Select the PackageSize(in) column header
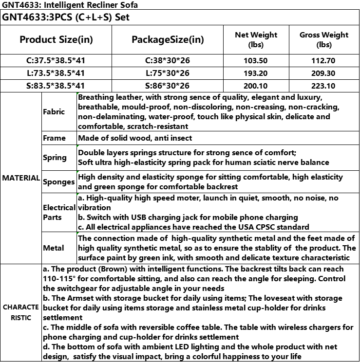pyautogui.click(x=168, y=39)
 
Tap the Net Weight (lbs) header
pyautogui.click(x=256, y=39)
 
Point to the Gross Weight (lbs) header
pyautogui.click(x=324, y=39)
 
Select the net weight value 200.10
pyautogui.click(x=256, y=86)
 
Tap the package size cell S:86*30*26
pyautogui.click(x=168, y=86)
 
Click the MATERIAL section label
pyautogui.click(x=20, y=178)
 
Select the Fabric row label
pyautogui.click(x=54, y=111)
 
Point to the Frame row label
pyautogui.click(x=54, y=138)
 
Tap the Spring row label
pyautogui.click(x=55, y=157)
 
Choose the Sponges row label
pyautogui.click(x=58, y=182)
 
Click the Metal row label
pyautogui.click(x=54, y=248)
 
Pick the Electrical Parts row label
pyautogui.click(x=58, y=212)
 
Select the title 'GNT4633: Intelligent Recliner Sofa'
pyautogui.click(x=70, y=5)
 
